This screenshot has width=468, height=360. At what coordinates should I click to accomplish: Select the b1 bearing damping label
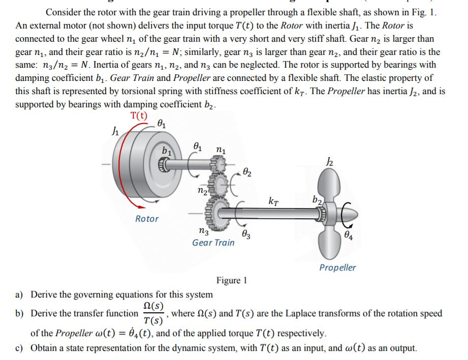click(166, 151)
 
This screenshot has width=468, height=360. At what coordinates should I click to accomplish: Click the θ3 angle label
click(245, 234)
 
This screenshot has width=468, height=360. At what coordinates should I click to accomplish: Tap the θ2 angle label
click(246, 173)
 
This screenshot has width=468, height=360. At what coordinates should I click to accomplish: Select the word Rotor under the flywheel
click(147, 219)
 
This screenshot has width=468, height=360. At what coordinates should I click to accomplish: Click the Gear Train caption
click(213, 243)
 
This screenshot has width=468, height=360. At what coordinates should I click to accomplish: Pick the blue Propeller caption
click(337, 267)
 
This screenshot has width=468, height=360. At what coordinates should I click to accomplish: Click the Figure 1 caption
click(231, 280)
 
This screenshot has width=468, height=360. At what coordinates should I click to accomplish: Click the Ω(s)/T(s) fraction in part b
click(153, 313)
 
